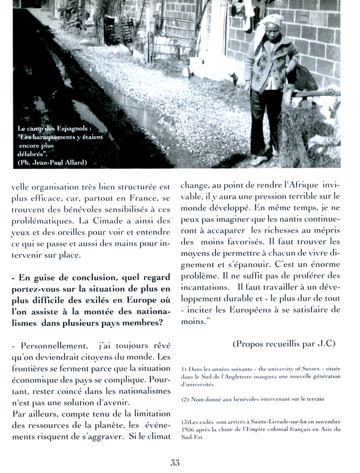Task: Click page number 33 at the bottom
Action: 175,463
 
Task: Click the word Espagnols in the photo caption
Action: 72,128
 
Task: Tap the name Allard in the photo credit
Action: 75,162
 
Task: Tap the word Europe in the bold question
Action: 142,301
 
